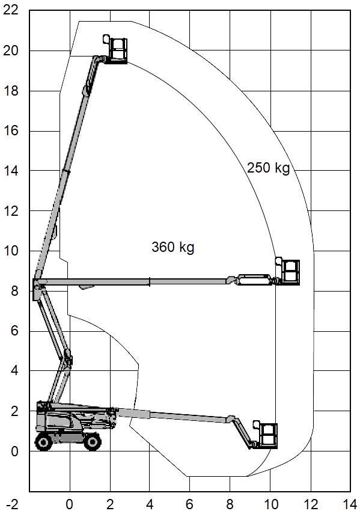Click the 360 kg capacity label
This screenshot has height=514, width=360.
coord(173,247)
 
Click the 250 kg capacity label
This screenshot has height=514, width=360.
coord(268,168)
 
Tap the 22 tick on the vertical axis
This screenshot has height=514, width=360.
coord(11,10)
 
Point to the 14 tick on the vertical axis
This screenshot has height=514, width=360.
coord(11,171)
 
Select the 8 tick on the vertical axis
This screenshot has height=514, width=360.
coord(14,291)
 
